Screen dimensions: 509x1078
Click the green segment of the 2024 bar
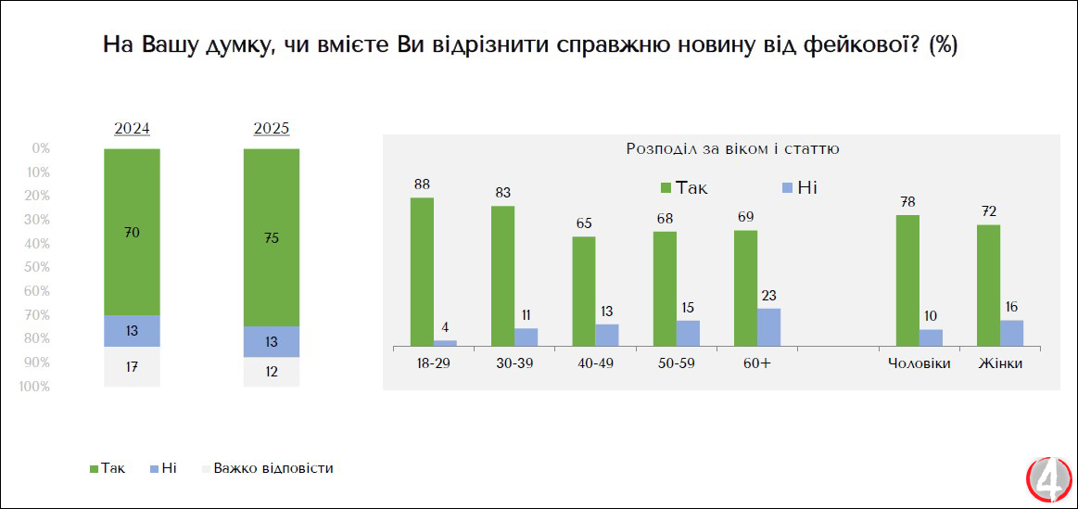point(132,232)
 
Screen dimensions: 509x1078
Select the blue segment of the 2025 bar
point(272,341)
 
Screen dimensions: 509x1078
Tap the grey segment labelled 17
point(132,366)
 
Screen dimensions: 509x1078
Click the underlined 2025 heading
point(272,129)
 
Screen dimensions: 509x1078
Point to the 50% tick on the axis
point(38,267)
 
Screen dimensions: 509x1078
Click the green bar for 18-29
point(422,271)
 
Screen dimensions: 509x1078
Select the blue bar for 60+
point(768,326)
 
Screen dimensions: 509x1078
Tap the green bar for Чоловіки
point(907,280)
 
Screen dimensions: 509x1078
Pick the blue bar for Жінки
point(1011,333)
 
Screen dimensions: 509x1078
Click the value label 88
point(422,184)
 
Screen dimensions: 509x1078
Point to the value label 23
point(768,295)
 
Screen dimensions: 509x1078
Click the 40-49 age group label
point(595,363)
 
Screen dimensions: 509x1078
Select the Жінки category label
point(1000,363)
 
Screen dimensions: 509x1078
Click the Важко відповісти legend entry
point(272,468)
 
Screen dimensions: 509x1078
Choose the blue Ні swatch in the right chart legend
point(787,188)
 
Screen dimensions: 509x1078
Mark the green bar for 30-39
point(502,275)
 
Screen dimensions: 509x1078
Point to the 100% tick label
point(34,387)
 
